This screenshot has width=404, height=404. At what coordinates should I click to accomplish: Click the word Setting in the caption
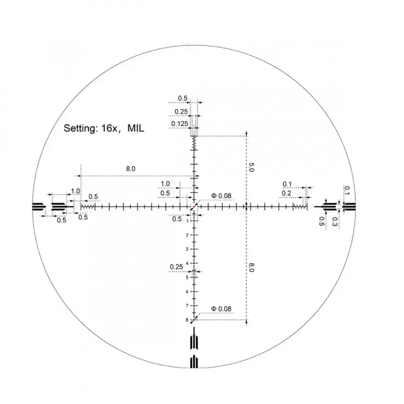(x=79, y=129)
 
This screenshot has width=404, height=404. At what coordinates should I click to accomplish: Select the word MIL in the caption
(x=135, y=129)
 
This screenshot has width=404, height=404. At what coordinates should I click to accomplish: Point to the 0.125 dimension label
(x=179, y=124)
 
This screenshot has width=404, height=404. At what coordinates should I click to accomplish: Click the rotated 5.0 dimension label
(x=251, y=168)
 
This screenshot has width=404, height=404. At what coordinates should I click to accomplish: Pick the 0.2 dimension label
(x=286, y=194)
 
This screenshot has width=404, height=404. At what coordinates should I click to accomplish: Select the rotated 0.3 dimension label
(x=335, y=221)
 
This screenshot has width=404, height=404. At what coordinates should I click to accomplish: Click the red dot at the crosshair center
(x=194, y=206)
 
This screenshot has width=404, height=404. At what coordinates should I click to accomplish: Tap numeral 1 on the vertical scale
(x=187, y=221)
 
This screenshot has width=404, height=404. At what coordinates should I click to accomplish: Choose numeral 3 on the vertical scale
(x=187, y=249)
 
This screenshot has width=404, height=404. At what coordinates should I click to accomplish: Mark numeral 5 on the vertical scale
(x=187, y=278)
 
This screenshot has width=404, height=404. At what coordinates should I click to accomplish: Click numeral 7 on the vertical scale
(x=187, y=306)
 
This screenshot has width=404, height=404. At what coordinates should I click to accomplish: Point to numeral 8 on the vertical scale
(x=187, y=320)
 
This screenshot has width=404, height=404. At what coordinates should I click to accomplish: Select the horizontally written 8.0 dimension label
(x=130, y=169)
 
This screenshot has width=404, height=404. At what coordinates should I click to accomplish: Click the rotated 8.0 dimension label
(x=251, y=267)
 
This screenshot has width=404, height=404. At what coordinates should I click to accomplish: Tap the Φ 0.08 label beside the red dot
(x=221, y=196)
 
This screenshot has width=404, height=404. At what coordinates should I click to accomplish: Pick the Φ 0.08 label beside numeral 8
(x=221, y=309)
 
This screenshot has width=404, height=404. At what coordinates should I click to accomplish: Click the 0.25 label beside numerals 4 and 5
(x=177, y=267)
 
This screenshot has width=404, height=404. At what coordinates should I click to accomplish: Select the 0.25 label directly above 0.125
(x=181, y=112)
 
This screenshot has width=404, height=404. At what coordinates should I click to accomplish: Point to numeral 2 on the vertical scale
(x=187, y=235)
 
